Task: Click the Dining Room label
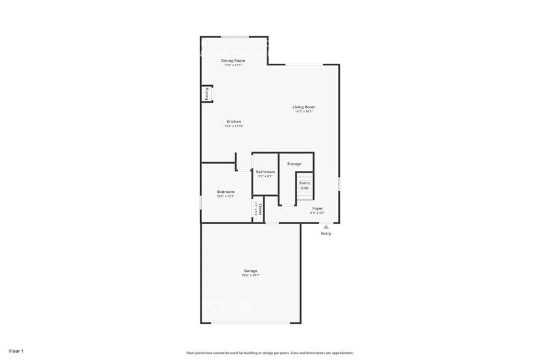[x=233, y=61]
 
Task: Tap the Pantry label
[x=207, y=94]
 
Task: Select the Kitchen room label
[x=234, y=122]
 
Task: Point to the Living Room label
[x=304, y=107]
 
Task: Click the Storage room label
[x=294, y=163]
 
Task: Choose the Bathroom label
[x=265, y=172]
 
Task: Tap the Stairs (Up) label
[x=304, y=185]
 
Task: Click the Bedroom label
[x=225, y=192]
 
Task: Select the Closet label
[x=260, y=209]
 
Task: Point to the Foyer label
[x=317, y=208]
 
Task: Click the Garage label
[x=250, y=271]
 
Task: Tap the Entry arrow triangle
[x=326, y=227]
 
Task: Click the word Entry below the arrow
[x=326, y=233]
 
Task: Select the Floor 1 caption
[x=16, y=351]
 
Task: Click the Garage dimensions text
[x=250, y=276]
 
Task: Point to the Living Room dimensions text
[x=304, y=111]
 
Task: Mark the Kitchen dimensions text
[x=234, y=126]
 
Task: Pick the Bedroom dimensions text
[x=225, y=197]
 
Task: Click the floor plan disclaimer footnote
[x=269, y=353]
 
